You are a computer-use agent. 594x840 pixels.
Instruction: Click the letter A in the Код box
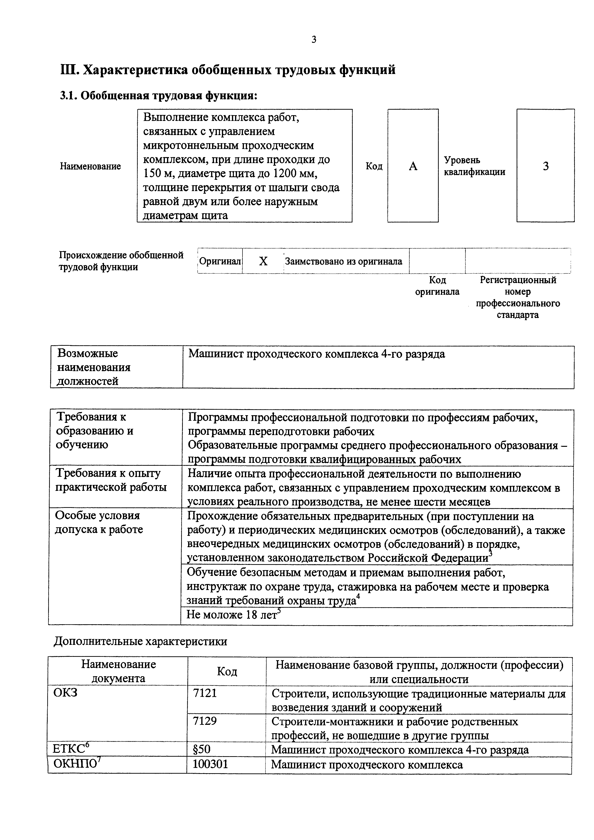click(x=413, y=166)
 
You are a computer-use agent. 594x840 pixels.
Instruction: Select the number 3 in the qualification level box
click(x=546, y=166)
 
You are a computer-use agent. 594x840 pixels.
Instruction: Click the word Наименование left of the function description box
click(x=90, y=166)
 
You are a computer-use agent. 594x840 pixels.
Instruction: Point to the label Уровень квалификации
click(x=474, y=166)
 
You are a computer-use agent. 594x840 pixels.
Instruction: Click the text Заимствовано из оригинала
click(x=343, y=261)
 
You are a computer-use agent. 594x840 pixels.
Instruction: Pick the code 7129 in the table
click(x=205, y=721)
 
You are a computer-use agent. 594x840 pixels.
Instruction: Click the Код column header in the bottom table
click(x=227, y=671)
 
